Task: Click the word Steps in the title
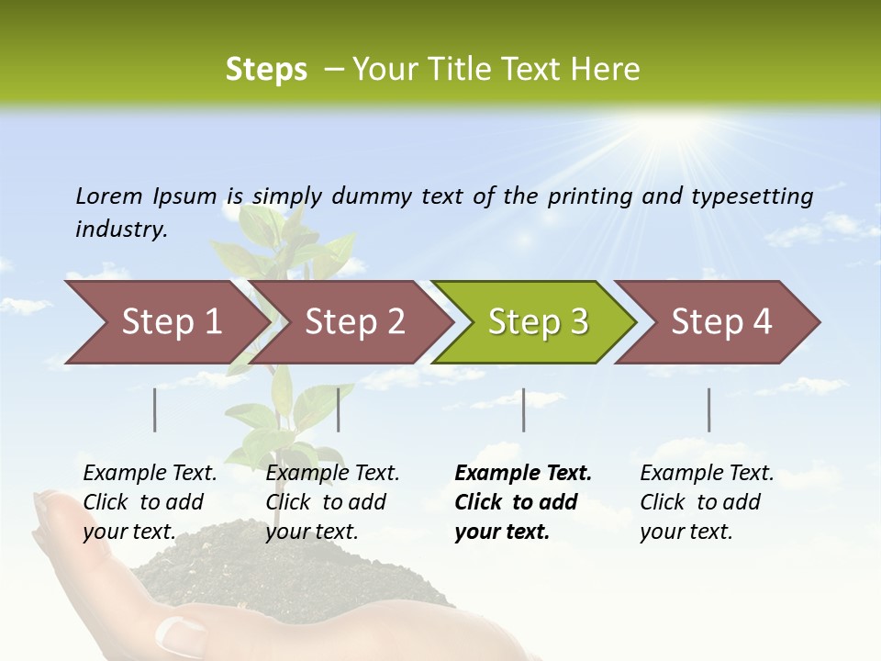[x=266, y=70]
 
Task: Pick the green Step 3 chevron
[x=538, y=322]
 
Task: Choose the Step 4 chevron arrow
[x=721, y=322]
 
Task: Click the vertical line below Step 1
[x=155, y=409]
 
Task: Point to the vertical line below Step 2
[x=339, y=409]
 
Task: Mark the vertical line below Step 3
[x=524, y=409]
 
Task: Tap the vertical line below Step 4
[x=709, y=409]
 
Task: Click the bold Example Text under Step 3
[x=523, y=474]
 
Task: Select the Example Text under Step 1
[x=150, y=474]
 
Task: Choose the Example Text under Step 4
[x=707, y=474]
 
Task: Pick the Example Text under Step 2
[x=332, y=474]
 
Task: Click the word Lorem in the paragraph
[x=109, y=196]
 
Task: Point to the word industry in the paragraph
[x=121, y=230]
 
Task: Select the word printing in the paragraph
[x=586, y=196]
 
